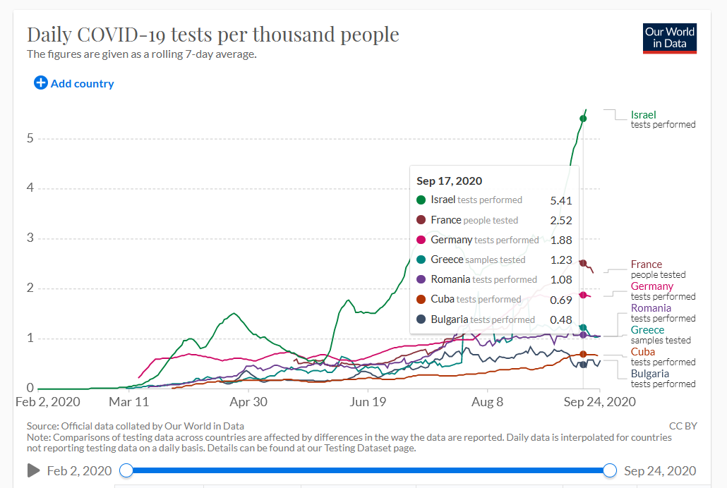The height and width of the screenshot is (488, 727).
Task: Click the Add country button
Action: click(x=74, y=83)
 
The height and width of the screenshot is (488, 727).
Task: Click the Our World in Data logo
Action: click(x=670, y=39)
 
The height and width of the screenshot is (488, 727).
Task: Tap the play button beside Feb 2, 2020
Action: click(x=33, y=470)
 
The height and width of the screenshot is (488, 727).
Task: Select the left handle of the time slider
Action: click(x=126, y=470)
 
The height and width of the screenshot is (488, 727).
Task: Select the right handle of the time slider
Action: click(x=610, y=470)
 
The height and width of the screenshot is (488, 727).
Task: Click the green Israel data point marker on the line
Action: click(x=583, y=118)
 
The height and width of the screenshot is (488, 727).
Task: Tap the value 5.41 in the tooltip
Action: click(x=561, y=201)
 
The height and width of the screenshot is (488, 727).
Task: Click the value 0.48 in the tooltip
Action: click(x=561, y=319)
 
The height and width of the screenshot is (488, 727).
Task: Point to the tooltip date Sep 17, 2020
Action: click(x=450, y=181)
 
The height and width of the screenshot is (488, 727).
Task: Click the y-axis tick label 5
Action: click(x=30, y=138)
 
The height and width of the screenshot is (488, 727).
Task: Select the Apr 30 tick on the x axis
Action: click(x=248, y=401)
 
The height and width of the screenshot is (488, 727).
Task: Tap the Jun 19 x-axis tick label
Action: click(x=368, y=401)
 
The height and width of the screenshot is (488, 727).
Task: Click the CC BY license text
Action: click(x=683, y=426)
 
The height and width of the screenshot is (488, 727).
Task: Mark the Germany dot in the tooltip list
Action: click(x=421, y=240)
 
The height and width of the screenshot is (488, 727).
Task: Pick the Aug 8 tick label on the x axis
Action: click(x=487, y=401)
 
